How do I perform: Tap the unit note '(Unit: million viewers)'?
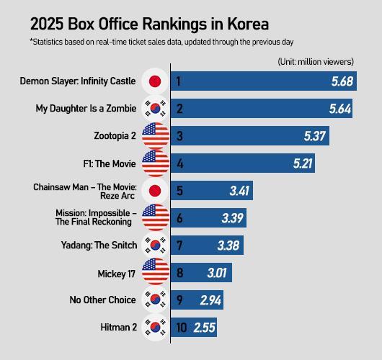pos(316,62)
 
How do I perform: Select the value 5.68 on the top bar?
pos(342,81)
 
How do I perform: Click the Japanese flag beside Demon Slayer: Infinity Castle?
pos(154,81)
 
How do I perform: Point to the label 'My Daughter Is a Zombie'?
pos(87,109)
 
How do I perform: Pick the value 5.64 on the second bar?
pos(340,109)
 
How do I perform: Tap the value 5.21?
pos(303,163)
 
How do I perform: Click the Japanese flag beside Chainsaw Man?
pos(154,191)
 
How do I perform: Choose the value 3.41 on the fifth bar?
pos(239,191)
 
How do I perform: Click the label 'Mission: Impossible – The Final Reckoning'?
pos(96,217)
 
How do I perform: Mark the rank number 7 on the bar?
pos(179,246)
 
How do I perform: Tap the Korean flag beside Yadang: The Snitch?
pos(154,246)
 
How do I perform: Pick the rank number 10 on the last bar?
pos(181,328)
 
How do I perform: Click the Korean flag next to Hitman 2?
pos(154,328)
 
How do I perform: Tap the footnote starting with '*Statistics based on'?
pos(161,42)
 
